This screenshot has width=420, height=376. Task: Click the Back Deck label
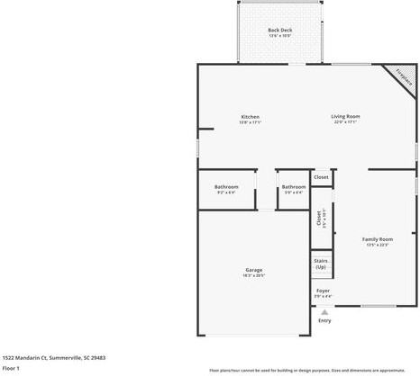[279, 31]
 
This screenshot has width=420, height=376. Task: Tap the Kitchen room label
[250, 116]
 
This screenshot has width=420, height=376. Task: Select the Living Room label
[345, 116]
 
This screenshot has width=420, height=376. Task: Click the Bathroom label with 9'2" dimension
[226, 186]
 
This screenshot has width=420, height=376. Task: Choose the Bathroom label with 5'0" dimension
[293, 186]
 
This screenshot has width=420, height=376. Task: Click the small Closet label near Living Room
[321, 177]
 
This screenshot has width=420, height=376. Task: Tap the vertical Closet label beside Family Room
[319, 219]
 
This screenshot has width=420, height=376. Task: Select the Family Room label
[378, 239]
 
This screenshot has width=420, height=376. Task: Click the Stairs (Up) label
[321, 264]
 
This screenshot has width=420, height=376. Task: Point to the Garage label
[254, 270]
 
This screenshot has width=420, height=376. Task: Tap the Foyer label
[322, 291]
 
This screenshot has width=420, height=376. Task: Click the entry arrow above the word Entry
[324, 312]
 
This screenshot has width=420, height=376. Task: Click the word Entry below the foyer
[324, 320]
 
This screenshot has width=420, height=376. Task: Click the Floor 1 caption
[11, 368]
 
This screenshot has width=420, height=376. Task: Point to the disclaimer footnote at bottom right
[307, 370]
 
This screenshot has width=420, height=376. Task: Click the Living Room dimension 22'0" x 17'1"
[345, 122]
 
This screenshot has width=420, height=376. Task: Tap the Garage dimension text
[254, 276]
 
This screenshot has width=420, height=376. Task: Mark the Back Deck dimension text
[279, 36]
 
